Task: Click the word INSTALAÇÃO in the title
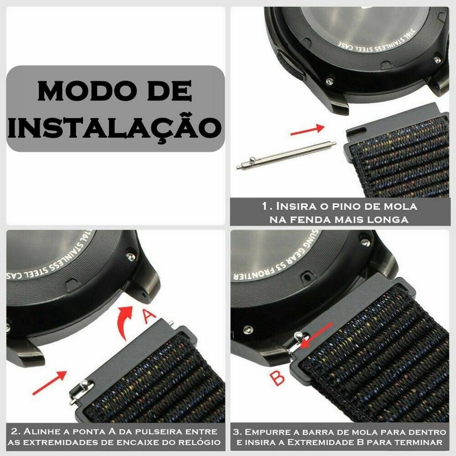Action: pos(115,127)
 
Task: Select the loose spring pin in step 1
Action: pos(286,155)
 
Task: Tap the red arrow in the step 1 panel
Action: pos(307,130)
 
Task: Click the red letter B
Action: pos(277,378)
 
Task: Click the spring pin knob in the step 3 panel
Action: pos(298,336)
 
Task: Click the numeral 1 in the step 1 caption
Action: pos(265,207)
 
